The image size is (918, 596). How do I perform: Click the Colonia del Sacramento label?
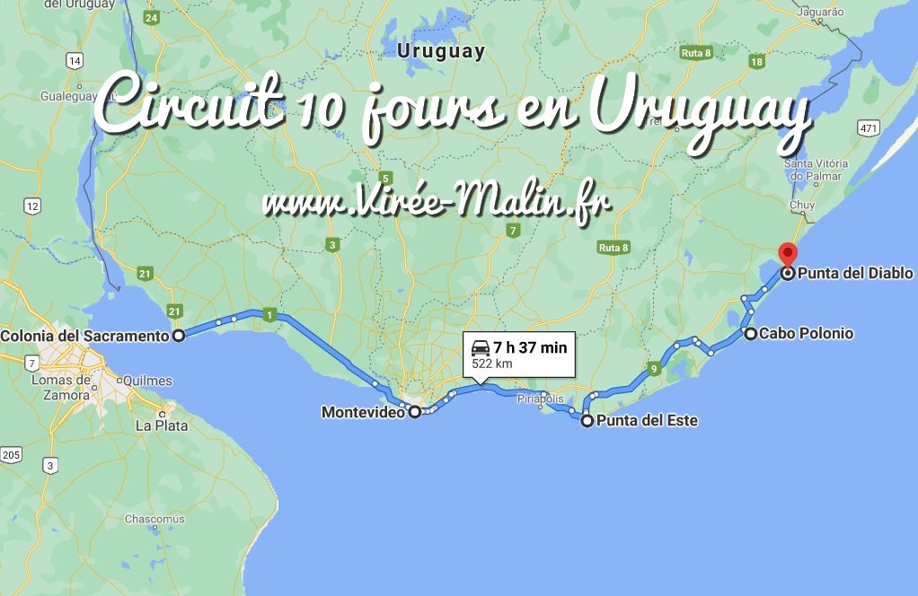point(85,336)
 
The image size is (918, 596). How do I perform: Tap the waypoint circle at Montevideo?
point(415,412)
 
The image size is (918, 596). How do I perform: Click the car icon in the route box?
point(481,347)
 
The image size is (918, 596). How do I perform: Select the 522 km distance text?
point(491,364)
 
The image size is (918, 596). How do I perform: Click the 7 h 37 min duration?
point(530,347)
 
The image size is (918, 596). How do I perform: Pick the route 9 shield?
point(654,368)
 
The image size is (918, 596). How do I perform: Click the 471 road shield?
point(867,129)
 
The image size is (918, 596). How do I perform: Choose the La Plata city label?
point(161,425)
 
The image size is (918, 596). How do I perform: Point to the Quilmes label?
point(149,380)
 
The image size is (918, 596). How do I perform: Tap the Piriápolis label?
point(540,398)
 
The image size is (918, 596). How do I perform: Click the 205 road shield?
point(11,455)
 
